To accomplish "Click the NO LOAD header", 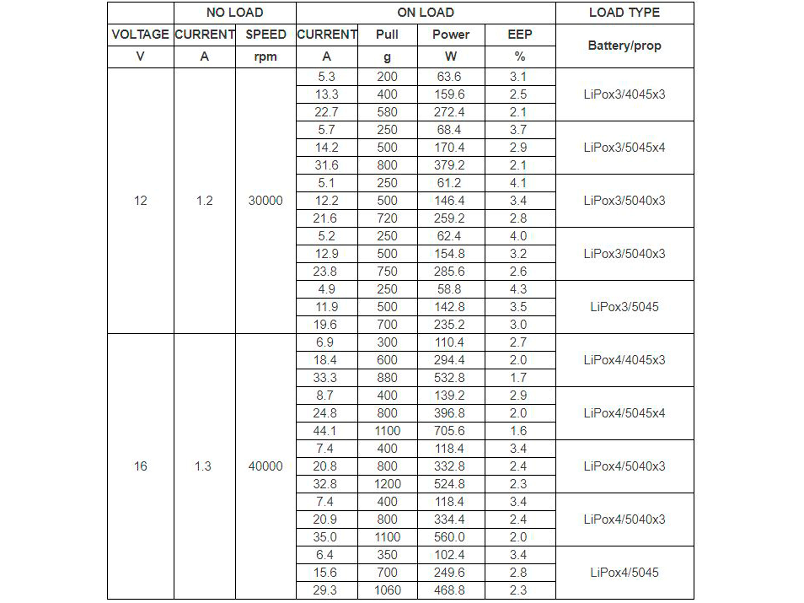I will [x=235, y=13].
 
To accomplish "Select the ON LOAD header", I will [x=426, y=13].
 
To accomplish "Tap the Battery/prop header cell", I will [x=624, y=46].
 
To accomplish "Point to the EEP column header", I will [x=520, y=35].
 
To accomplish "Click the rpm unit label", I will [x=265, y=57].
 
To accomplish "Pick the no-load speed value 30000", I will [x=265, y=201].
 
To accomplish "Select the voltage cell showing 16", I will [x=141, y=466].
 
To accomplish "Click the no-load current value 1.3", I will [x=203, y=466].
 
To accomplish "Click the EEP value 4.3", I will [x=518, y=289].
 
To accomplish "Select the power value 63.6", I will [x=449, y=77].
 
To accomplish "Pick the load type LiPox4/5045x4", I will [x=624, y=413].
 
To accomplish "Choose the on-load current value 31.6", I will [x=326, y=166].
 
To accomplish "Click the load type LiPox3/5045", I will [x=624, y=307].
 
